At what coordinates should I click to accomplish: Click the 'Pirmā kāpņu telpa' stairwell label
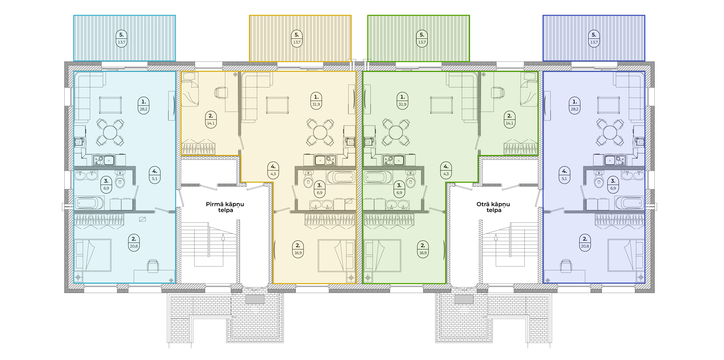click(x=225, y=207)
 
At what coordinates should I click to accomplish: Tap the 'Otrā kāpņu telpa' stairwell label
click(x=493, y=207)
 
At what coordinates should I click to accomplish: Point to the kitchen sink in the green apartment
click(x=393, y=160)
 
